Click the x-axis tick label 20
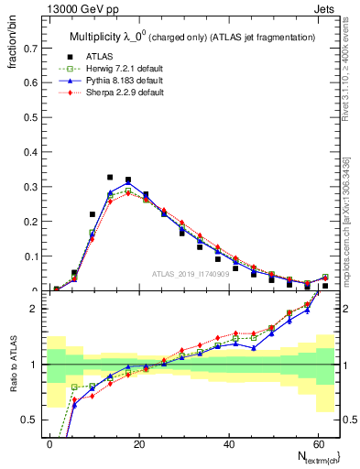pyautogui.click(x=138, y=442)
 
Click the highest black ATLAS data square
pyautogui.click(x=110, y=177)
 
